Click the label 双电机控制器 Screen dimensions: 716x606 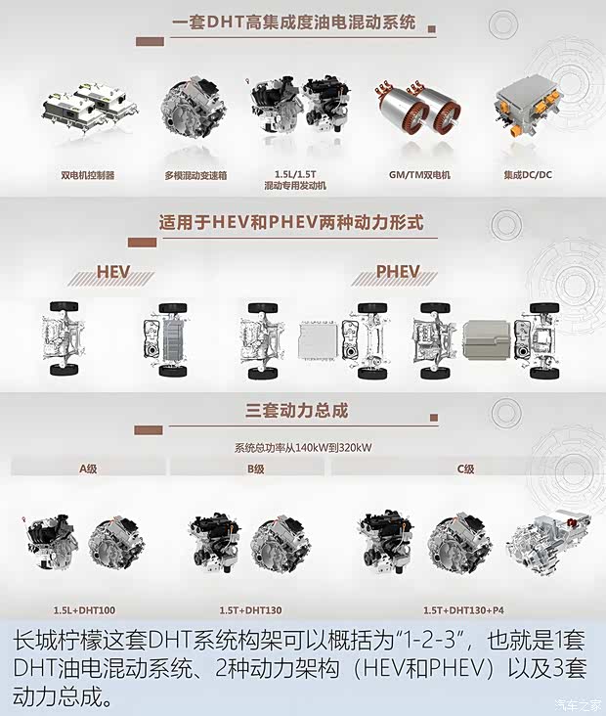87,175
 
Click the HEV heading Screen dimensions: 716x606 120,272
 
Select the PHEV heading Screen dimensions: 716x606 398,272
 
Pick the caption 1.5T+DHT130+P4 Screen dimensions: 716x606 460,608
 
